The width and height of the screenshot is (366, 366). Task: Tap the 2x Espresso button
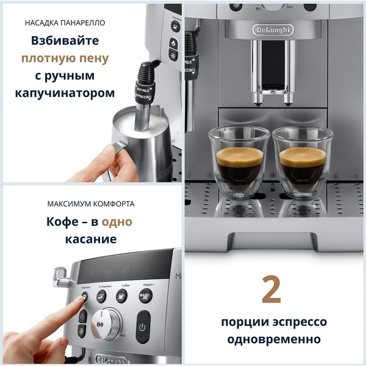pyautogui.click(x=101, y=296)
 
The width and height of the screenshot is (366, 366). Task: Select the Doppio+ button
pyautogui.click(x=145, y=296)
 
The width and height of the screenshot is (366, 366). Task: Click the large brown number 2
pyautogui.click(x=271, y=290)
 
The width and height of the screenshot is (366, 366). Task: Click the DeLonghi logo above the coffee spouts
pyautogui.click(x=273, y=29)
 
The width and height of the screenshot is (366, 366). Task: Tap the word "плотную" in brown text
pyautogui.click(x=44, y=59)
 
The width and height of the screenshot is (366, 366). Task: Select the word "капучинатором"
pyautogui.click(x=65, y=93)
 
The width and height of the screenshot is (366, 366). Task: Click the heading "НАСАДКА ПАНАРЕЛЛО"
pyautogui.click(x=65, y=23)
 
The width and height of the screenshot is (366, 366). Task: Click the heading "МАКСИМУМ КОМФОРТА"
pyautogui.click(x=90, y=204)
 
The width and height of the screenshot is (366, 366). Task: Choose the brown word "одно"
pyautogui.click(x=117, y=221)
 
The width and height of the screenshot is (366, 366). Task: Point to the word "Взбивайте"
pyautogui.click(x=65, y=41)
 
